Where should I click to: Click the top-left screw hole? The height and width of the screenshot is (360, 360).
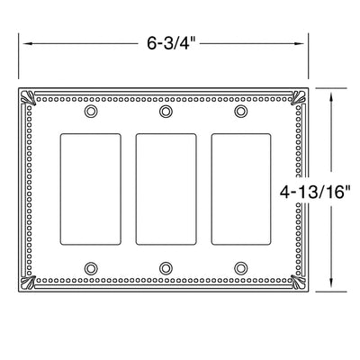(90, 112)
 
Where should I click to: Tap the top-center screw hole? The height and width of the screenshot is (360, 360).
(165, 112)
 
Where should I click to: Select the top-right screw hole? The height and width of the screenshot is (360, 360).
(239, 112)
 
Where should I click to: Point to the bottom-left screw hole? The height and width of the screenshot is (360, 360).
(90, 267)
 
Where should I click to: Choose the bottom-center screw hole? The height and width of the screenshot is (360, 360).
(165, 267)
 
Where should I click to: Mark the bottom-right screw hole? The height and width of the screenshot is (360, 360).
(239, 267)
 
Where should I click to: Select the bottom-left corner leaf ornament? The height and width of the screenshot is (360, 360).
(28, 283)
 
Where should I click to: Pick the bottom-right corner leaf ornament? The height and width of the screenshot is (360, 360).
(302, 283)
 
